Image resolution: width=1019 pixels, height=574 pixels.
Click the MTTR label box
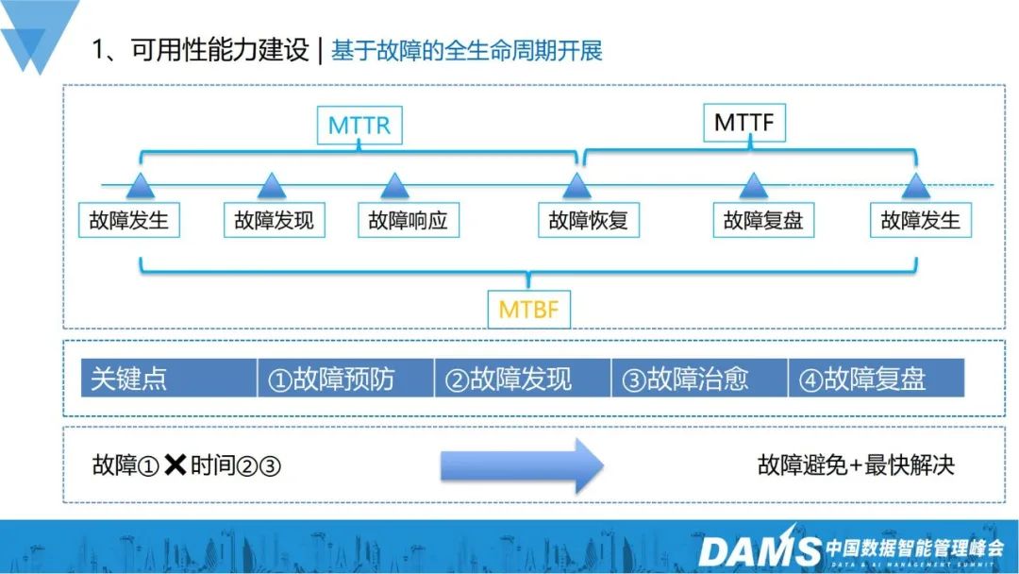click(x=359, y=126)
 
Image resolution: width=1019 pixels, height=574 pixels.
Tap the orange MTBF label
click(x=529, y=309)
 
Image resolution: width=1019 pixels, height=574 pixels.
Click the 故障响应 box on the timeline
click(x=407, y=221)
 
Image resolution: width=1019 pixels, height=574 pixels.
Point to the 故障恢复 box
click(x=588, y=221)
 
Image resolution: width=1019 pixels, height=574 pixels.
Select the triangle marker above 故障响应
click(x=394, y=186)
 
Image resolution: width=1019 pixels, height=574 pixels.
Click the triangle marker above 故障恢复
click(x=576, y=186)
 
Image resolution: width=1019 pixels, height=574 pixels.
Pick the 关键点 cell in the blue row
click(x=168, y=379)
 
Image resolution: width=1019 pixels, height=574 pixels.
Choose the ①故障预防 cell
click(x=345, y=379)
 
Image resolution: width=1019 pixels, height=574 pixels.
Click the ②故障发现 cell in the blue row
click(x=523, y=379)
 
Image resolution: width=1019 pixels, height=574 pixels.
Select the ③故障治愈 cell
click(x=699, y=379)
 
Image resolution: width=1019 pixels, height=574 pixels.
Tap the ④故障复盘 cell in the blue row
click(x=876, y=379)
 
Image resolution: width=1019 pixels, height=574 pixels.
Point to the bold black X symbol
click(x=175, y=464)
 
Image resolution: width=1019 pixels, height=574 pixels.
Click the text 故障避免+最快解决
click(x=856, y=464)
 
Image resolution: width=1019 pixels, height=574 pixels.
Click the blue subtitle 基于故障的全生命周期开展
click(x=467, y=50)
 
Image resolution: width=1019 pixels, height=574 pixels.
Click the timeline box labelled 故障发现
click(x=274, y=221)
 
